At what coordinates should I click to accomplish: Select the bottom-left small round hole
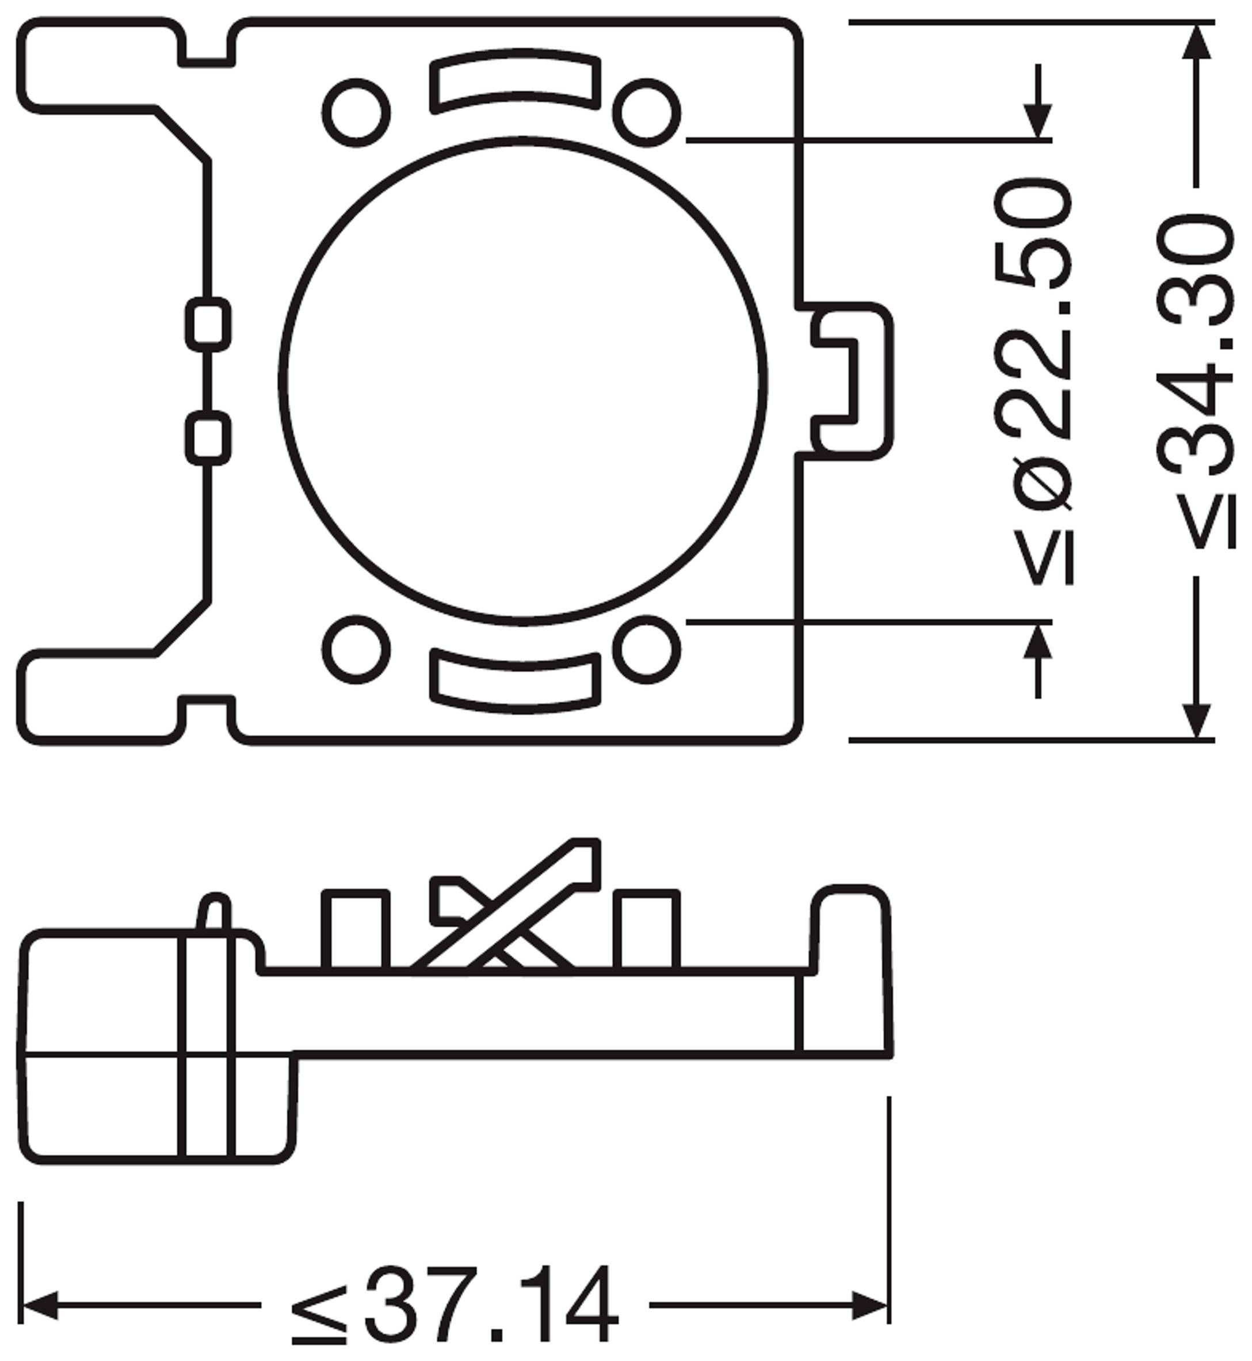(x=356, y=649)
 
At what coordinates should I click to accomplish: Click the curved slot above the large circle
(x=515, y=81)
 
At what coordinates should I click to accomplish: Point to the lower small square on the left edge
(x=208, y=439)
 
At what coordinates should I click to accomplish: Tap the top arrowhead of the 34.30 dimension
(x=1196, y=42)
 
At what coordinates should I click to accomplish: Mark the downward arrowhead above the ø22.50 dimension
(x=1037, y=122)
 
